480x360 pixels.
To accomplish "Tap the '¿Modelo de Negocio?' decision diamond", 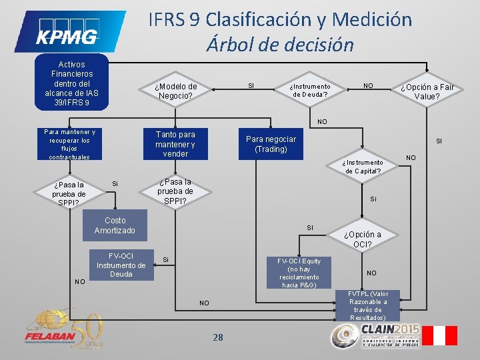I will point(175,91).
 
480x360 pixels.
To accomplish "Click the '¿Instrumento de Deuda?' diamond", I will point(311,91).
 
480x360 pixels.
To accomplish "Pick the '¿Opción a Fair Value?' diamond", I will point(427,92).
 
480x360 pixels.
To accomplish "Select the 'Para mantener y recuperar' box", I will point(69,144).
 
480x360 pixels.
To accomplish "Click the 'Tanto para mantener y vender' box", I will point(175,144).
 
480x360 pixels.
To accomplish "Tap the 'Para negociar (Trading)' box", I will point(271,144).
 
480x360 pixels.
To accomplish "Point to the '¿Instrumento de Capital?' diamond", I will point(363,167).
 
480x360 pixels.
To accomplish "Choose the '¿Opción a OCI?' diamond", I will point(363,239).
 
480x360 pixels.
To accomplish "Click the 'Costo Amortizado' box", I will point(115,225).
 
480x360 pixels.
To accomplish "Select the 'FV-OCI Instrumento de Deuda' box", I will point(121,265).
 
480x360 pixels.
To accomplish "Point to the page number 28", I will point(218,337).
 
